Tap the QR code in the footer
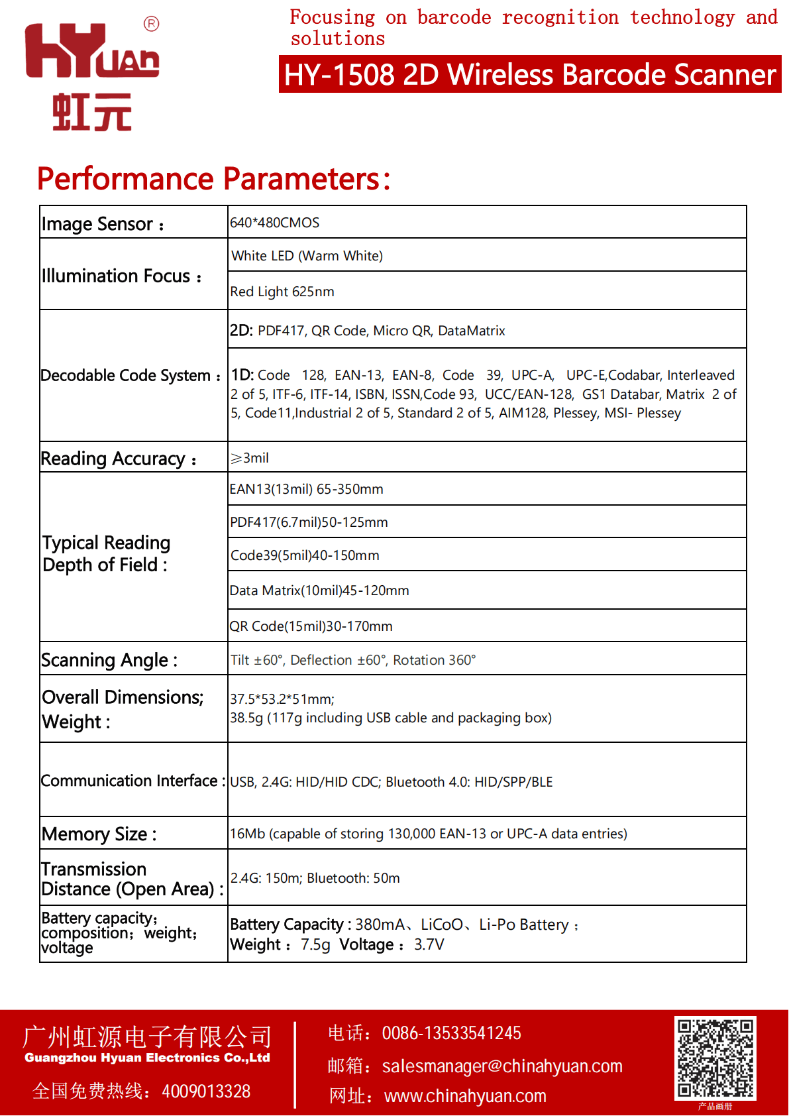click(715, 1058)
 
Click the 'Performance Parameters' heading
click(213, 179)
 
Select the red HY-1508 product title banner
click(529, 74)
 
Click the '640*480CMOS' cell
click(275, 223)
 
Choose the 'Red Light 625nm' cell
click(282, 292)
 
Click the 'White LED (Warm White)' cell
click(307, 256)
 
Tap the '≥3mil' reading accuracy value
click(250, 458)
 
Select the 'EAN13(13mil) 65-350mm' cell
click(307, 489)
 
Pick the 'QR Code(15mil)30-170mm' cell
click(311, 626)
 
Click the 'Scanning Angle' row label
click(109, 660)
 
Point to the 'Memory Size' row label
click(99, 834)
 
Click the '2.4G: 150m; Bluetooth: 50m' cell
click(315, 878)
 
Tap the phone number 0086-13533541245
click(451, 1033)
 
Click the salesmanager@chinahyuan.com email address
click(502, 1066)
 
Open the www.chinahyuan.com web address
click(465, 1096)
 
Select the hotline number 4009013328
click(206, 1091)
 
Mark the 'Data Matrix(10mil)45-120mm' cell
click(319, 590)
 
